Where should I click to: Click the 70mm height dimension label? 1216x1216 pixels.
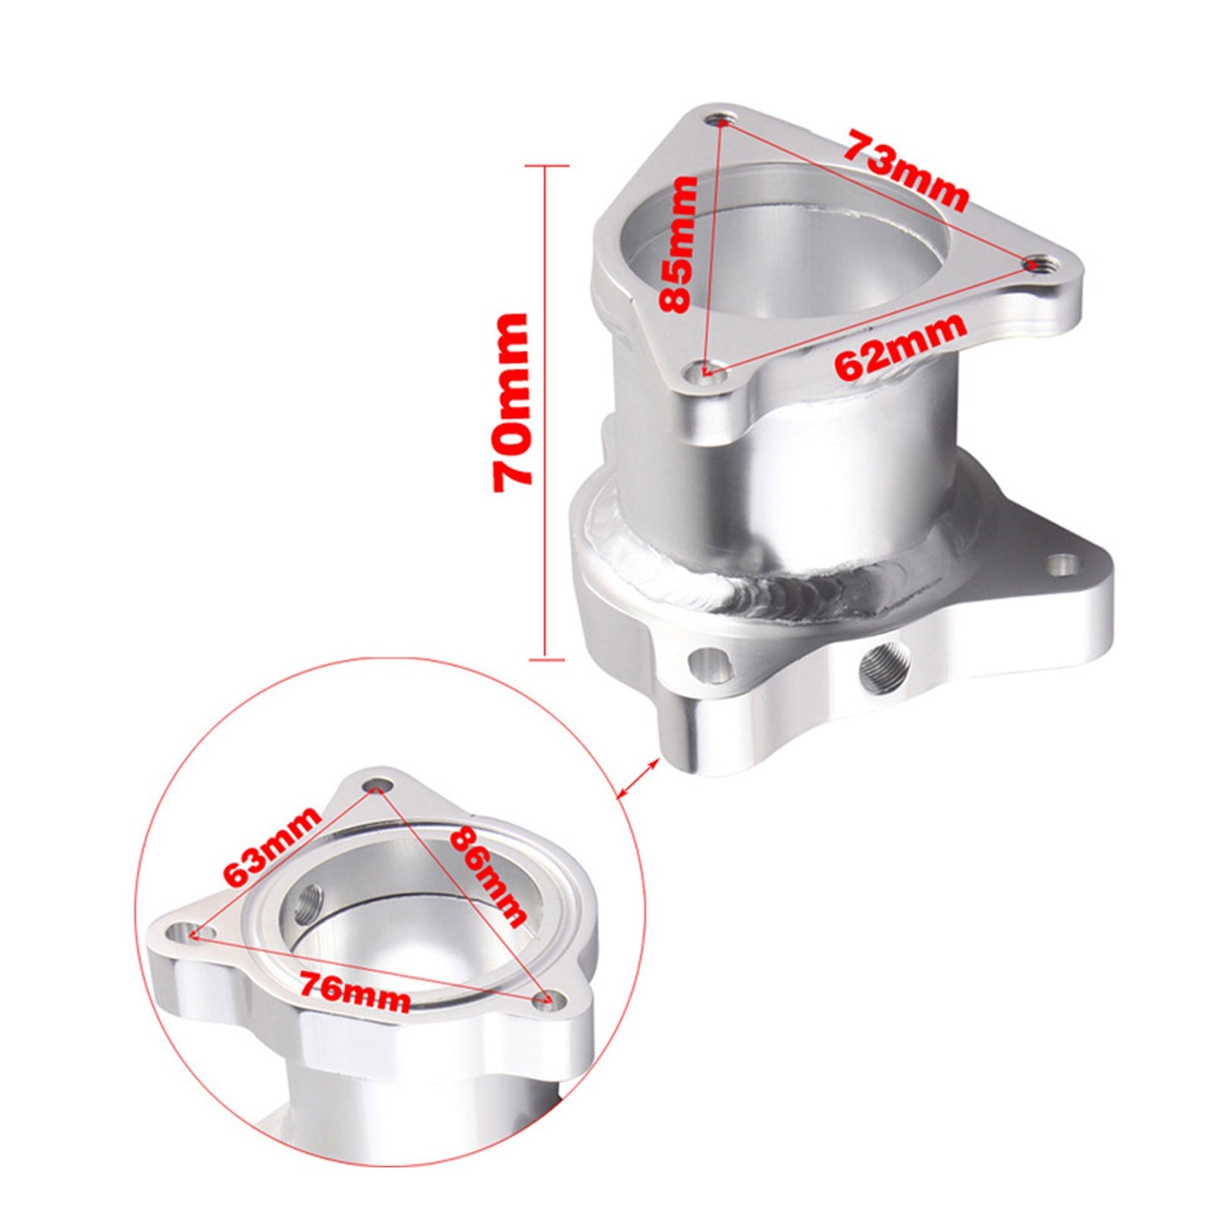[511, 402]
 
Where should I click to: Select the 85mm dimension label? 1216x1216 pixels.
[678, 244]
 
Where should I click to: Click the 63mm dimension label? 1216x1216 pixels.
[272, 846]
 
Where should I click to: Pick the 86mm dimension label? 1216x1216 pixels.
[489, 875]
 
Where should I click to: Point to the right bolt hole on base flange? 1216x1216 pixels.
[1064, 563]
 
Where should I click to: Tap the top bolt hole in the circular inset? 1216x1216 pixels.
[376, 787]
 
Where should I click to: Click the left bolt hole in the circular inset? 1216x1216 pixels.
[184, 932]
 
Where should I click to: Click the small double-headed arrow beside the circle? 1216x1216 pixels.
[638, 775]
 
